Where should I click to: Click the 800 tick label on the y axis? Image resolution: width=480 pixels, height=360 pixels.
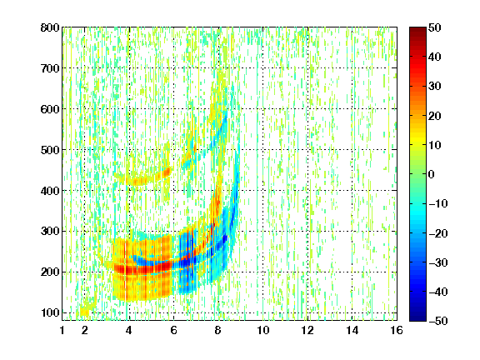50,27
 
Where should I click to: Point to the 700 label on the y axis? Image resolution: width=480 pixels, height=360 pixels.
50,68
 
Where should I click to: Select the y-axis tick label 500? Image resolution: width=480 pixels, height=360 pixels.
50,150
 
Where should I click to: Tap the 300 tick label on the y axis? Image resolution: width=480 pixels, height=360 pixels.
50,232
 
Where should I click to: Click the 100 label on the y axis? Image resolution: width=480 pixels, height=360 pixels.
50,312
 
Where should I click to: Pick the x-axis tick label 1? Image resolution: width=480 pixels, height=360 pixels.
62,330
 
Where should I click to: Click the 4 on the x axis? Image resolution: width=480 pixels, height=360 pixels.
129,330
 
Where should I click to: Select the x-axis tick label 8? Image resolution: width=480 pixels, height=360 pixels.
218,330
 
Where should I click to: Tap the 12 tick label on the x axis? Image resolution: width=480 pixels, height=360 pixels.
307,330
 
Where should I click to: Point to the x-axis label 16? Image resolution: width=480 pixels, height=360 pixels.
397,330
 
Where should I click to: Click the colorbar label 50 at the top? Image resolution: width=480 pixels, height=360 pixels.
434,27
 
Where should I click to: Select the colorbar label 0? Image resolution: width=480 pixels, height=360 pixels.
432,174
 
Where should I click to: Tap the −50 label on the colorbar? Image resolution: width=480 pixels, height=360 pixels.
438,321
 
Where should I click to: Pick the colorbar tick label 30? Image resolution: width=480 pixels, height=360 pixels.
434,87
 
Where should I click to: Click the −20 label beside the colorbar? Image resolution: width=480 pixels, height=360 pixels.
438,233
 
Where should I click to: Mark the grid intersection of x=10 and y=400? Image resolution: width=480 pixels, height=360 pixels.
262,190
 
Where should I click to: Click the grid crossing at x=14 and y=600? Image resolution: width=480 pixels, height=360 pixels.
352,108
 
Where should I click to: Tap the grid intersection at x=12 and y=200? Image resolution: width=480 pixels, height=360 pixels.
307,272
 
